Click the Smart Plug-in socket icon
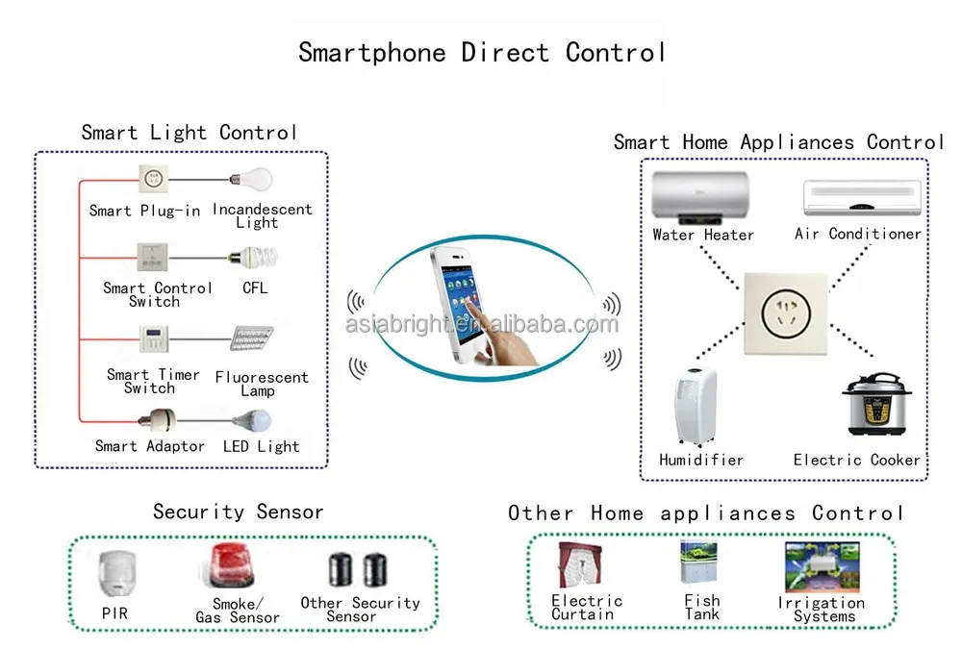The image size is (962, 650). [x=152, y=179]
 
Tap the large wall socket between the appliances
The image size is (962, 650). [x=784, y=312]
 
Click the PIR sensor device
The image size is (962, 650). [x=114, y=574]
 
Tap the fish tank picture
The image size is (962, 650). [x=699, y=562]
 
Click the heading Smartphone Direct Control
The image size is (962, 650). [x=481, y=52]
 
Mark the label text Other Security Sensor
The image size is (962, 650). [x=360, y=609]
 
